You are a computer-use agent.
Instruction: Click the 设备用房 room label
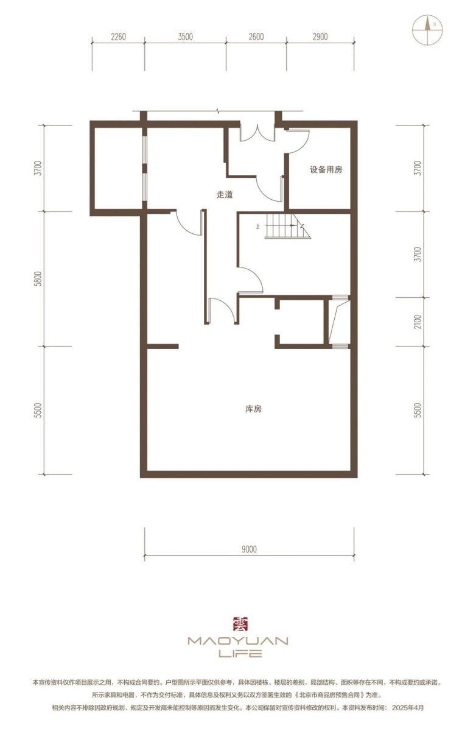point(326,170)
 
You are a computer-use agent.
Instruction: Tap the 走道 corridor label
point(225,194)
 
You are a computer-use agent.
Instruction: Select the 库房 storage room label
point(253,409)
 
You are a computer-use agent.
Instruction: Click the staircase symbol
point(287,226)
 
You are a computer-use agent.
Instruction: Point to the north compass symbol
point(427,30)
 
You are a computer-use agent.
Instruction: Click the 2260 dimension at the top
point(118,37)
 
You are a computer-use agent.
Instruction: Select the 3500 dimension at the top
point(185,37)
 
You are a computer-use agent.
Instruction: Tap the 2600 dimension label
point(256,37)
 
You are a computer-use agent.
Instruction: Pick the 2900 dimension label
point(320,37)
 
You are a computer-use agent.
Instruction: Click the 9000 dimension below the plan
point(250,549)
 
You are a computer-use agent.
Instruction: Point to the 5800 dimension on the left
point(39,278)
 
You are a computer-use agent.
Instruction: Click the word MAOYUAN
point(238,641)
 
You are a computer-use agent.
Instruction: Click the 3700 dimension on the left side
point(39,168)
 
